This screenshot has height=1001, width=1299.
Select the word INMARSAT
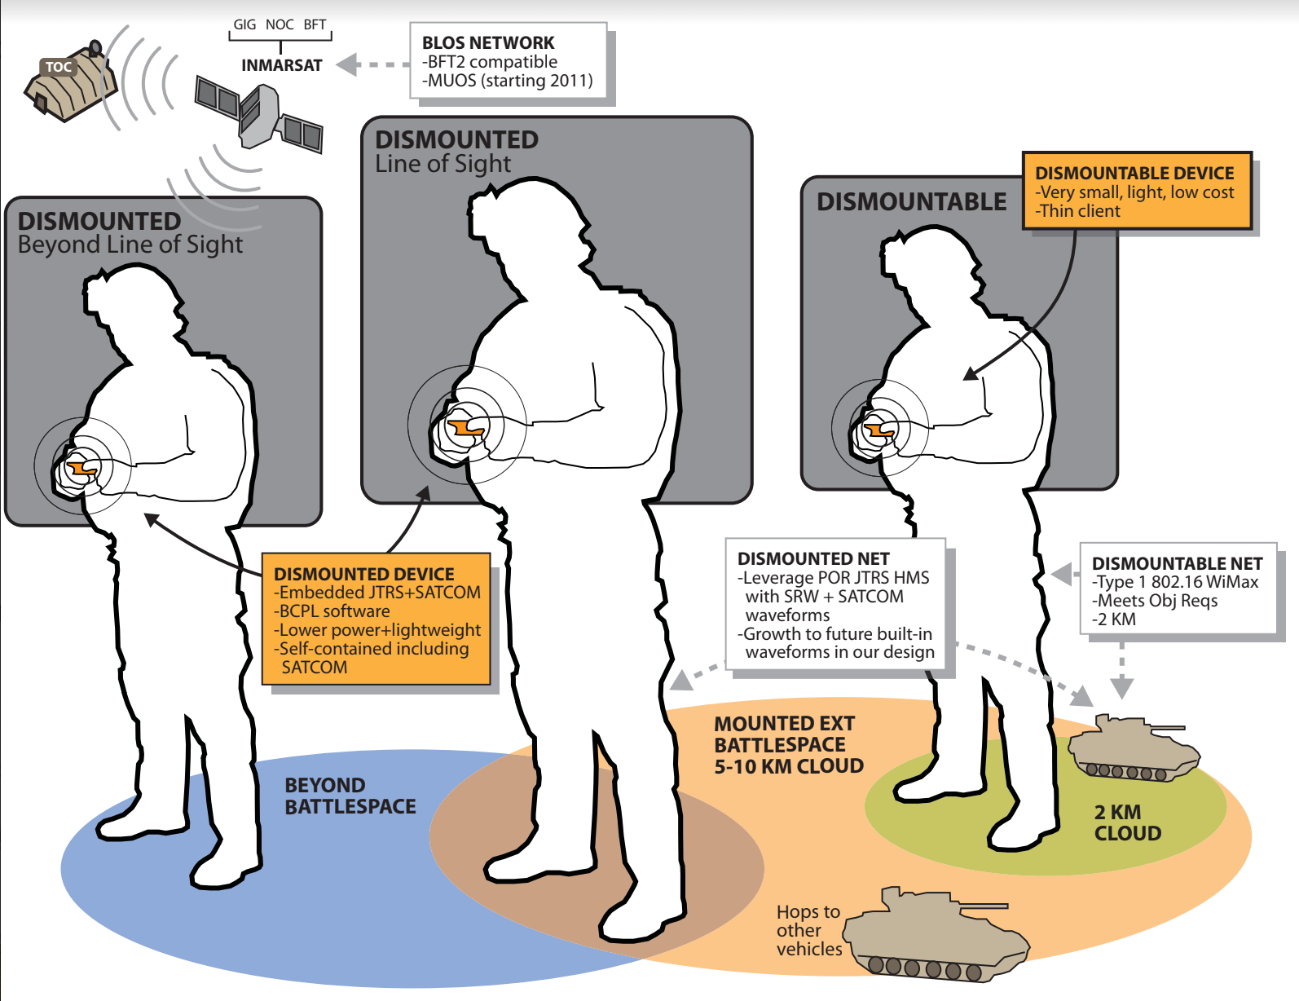coord(282,65)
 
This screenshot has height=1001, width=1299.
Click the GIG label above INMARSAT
coord(244,24)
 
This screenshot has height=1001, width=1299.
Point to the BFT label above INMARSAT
coord(315,24)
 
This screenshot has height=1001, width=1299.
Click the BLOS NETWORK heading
coord(487,42)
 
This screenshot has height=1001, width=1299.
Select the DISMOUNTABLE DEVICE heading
coord(1134,173)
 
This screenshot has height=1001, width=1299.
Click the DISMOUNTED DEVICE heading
coord(363,574)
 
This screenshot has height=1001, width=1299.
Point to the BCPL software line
coord(333,611)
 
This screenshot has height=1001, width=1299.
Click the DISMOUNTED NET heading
coord(812,558)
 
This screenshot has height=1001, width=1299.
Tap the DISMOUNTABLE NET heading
coord(1177,563)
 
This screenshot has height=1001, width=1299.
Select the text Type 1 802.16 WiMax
coord(1177,582)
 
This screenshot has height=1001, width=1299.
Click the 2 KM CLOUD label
coord(1127,822)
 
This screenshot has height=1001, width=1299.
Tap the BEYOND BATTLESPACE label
coord(350,796)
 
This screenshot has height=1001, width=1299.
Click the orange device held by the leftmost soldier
coord(81,469)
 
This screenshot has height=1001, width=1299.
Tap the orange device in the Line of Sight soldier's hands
coord(464,427)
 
